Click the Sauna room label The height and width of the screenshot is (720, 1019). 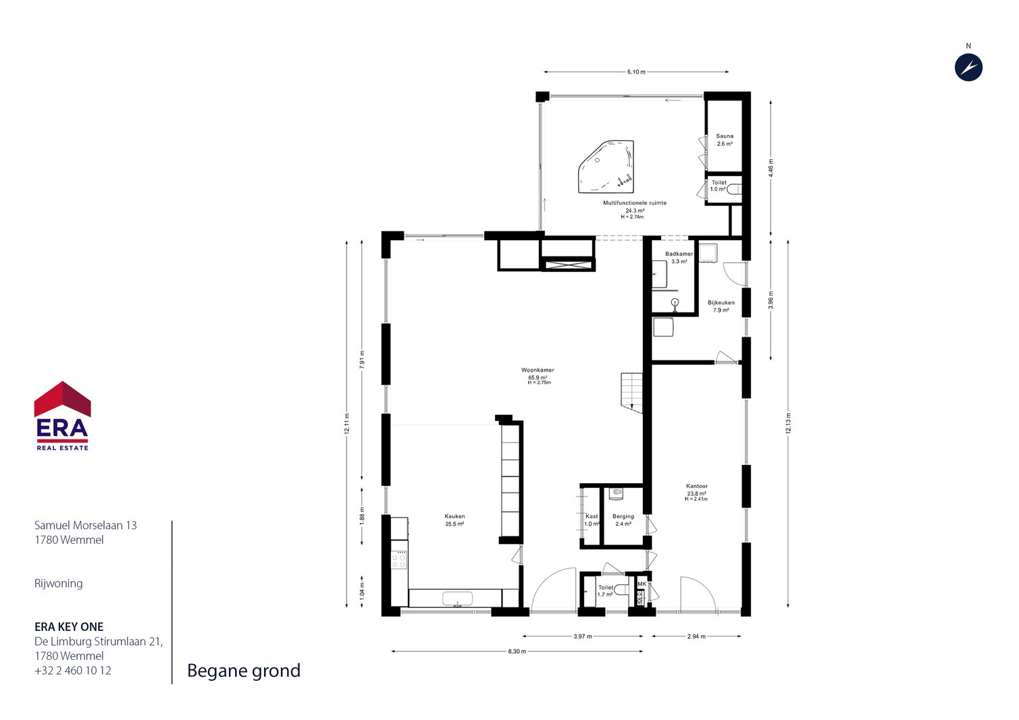pos(725,136)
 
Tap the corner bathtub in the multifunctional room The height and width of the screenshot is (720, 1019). pos(606,167)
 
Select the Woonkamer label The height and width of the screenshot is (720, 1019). pos(538,370)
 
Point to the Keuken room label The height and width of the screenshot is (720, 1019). pos(454,516)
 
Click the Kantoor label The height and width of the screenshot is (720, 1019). pos(697,486)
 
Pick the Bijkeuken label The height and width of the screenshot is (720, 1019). pos(721,302)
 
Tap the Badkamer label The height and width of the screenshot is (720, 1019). pos(679,254)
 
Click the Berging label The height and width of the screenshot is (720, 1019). pos(623,516)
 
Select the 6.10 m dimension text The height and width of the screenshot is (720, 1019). pos(636,72)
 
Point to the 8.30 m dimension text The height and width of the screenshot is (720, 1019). pos(517,651)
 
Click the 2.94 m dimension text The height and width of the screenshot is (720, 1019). pos(696,636)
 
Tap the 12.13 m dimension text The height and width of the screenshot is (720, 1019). pos(788,423)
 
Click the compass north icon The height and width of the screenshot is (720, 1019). pos(968,67)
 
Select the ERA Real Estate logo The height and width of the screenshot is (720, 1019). pos(62,416)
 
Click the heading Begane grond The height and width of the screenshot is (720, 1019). pos(244,671)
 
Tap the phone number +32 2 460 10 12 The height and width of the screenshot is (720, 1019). pos(73,671)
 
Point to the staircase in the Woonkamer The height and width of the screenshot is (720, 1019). pos(632,393)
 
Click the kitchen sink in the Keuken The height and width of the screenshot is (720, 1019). pos(457,599)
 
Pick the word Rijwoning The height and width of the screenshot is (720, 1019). pos(59,584)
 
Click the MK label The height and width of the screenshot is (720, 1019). pos(642,584)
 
